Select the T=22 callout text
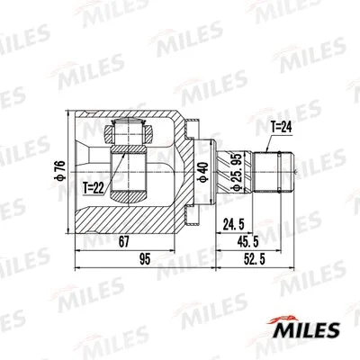pyautogui.click(x=94, y=189)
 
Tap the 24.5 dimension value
pyautogui.click(x=235, y=223)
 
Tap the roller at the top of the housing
pyautogui.click(x=127, y=134)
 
